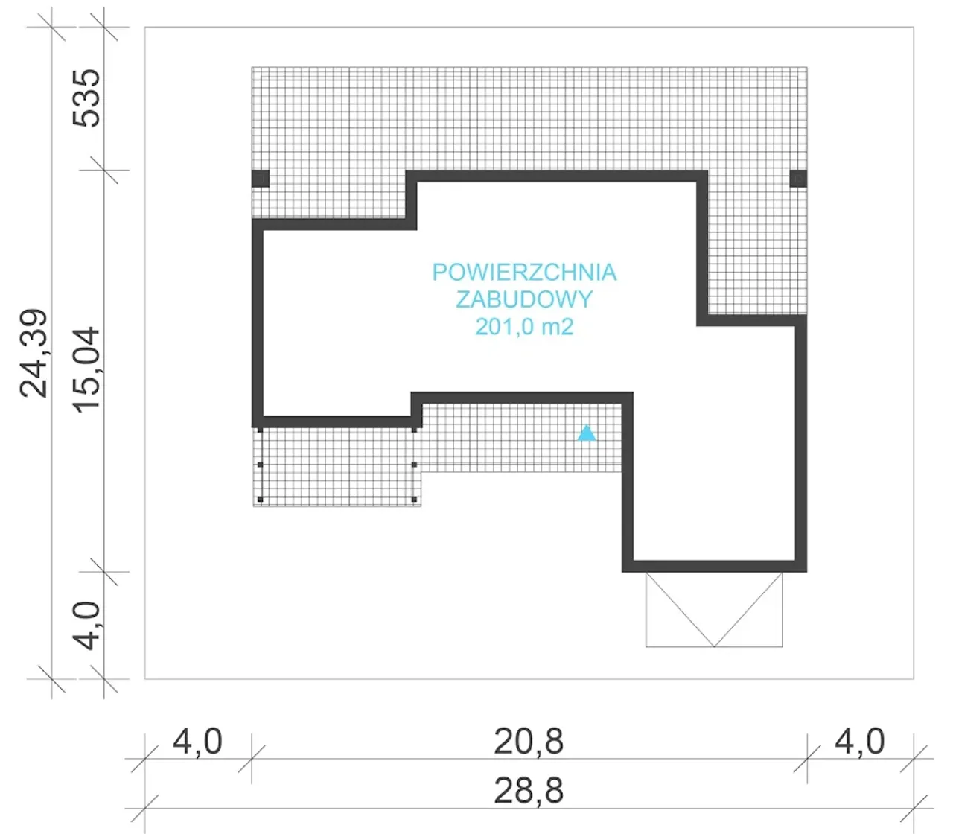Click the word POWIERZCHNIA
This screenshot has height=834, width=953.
coord(524,272)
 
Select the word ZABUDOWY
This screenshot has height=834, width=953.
coord(524,299)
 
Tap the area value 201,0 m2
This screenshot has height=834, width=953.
coord(524,326)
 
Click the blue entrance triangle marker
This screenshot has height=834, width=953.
coord(587,433)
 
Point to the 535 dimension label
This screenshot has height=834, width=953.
coord(86,98)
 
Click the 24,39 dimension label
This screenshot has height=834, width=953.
coord(34,353)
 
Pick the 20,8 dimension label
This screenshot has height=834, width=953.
coord(529,742)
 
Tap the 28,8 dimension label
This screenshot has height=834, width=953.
coord(529,791)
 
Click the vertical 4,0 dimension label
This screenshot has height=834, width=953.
coord(86,625)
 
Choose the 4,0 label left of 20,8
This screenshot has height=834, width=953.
coord(197,742)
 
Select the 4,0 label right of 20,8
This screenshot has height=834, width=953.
coord(859,742)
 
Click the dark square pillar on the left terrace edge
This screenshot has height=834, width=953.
coord(261,179)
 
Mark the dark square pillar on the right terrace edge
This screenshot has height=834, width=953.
coord(798,179)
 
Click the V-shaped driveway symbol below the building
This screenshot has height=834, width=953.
coord(714,609)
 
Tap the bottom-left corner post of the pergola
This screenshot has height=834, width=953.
coord(260,500)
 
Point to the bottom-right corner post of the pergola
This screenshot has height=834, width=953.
coord(415,500)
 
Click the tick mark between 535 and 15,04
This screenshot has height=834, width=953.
coord(104,170)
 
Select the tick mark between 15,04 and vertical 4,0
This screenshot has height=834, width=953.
coord(104,572)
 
